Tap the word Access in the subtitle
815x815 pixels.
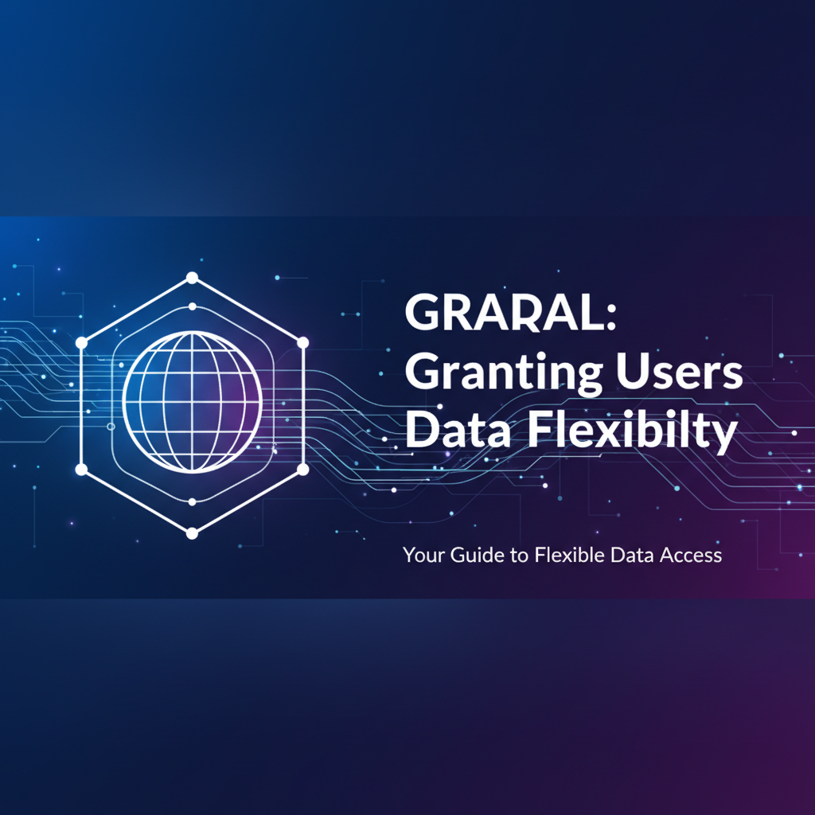point(690,555)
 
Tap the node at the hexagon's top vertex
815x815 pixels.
point(192,278)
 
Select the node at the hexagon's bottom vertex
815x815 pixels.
point(192,533)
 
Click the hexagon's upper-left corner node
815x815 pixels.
point(80,342)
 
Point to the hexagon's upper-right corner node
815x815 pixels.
point(302,342)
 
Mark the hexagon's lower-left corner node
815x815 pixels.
point(80,470)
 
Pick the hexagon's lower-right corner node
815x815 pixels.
point(302,470)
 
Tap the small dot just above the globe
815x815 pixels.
point(192,306)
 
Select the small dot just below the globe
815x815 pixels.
point(192,502)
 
